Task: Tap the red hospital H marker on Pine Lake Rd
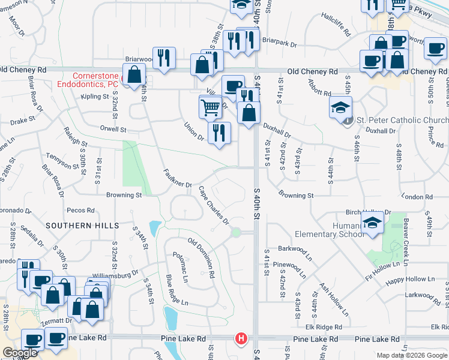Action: click(x=241, y=339)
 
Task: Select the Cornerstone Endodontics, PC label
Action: click(x=88, y=80)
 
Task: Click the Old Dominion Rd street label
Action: click(x=202, y=257)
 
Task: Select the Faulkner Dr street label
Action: click(x=177, y=177)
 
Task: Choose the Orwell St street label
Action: click(x=114, y=129)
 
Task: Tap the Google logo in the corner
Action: click(x=20, y=353)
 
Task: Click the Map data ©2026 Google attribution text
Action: click(x=412, y=355)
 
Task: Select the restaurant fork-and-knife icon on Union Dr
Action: click(x=219, y=133)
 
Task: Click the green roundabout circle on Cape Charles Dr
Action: click(x=237, y=232)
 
